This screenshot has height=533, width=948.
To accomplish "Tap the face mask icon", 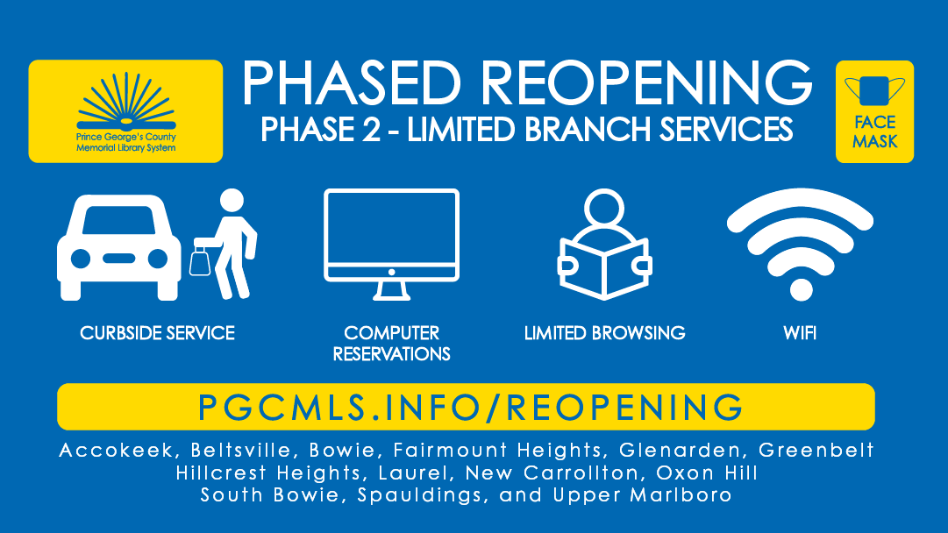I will [873, 92].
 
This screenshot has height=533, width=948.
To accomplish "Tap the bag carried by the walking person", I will [200, 260].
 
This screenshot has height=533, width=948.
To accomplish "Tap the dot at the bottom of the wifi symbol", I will [801, 288].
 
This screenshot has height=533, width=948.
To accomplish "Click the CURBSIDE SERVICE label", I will [158, 333].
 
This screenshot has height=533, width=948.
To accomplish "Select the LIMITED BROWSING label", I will [604, 333].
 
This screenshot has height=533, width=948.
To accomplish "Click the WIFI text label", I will [801, 333].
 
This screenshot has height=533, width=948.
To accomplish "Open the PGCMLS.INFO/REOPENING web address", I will [470, 407].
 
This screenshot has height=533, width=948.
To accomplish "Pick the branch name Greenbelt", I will [816, 451].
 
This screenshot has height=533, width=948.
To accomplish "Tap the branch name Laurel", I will [424, 473].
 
